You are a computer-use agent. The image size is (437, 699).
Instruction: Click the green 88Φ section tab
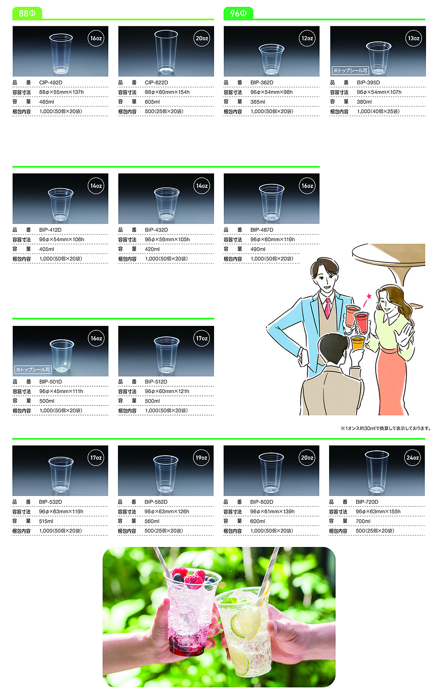(27, 14)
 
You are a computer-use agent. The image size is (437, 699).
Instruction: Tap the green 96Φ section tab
(239, 14)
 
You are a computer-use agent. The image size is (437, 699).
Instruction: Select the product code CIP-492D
(51, 83)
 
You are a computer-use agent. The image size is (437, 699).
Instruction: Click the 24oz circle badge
(413, 458)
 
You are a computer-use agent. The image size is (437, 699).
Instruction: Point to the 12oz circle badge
(307, 38)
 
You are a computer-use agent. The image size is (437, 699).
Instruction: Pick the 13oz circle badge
(413, 38)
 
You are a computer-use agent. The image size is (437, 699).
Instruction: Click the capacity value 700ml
(363, 521)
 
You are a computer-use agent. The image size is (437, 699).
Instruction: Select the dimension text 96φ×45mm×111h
(61, 391)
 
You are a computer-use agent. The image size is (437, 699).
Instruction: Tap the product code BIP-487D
(262, 230)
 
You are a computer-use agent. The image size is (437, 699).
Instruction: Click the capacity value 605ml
(153, 102)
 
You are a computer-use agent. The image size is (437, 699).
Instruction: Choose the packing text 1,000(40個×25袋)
(378, 111)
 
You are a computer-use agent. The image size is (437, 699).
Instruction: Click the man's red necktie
(327, 308)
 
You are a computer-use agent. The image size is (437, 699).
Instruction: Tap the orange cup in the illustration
(358, 343)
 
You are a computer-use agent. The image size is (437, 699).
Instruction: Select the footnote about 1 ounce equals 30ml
(385, 429)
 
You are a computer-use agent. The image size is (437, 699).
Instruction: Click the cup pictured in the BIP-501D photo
(62, 356)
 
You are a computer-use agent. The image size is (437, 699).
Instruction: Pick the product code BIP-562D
(156, 502)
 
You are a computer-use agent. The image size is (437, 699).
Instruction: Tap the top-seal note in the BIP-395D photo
(350, 70)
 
